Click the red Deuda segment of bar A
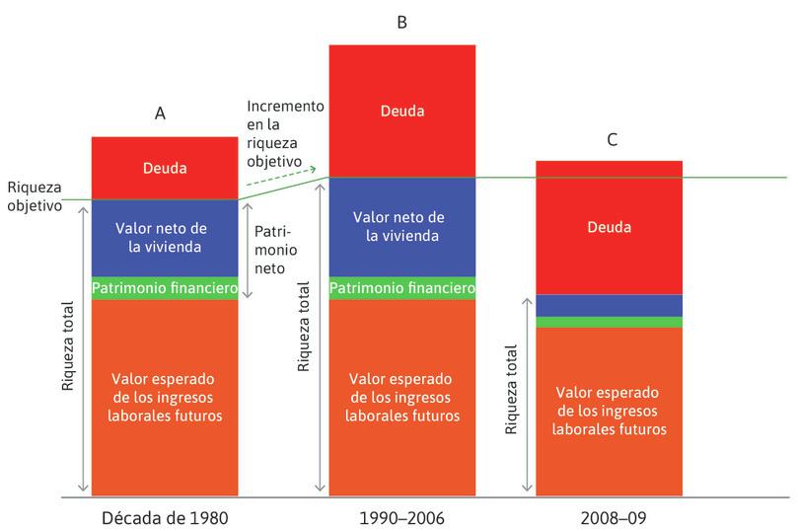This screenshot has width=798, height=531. pyautogui.click(x=165, y=168)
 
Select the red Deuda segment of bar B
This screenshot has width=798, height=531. pyautogui.click(x=402, y=111)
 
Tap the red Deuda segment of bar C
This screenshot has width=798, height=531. pyautogui.click(x=609, y=228)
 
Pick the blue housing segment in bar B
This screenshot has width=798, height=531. pyautogui.click(x=402, y=227)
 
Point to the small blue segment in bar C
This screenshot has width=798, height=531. pyautogui.click(x=609, y=305)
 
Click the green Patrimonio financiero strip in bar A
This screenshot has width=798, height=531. pyautogui.click(x=165, y=288)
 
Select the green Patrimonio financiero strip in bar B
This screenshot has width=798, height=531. pyautogui.click(x=402, y=288)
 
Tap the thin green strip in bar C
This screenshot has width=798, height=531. pyautogui.click(x=609, y=322)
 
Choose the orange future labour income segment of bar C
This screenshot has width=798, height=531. pyautogui.click(x=609, y=411)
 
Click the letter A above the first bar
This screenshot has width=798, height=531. pyautogui.click(x=160, y=114)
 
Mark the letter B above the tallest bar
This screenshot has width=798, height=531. pyautogui.click(x=401, y=22)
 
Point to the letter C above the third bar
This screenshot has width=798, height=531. pyautogui.click(x=612, y=140)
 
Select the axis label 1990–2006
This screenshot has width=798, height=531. pyautogui.click(x=402, y=516)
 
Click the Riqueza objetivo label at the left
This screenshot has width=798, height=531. pyautogui.click(x=33, y=195)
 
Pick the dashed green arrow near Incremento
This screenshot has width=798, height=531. pyautogui.click(x=281, y=177)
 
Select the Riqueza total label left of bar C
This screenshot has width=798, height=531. pyautogui.click(x=510, y=389)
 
